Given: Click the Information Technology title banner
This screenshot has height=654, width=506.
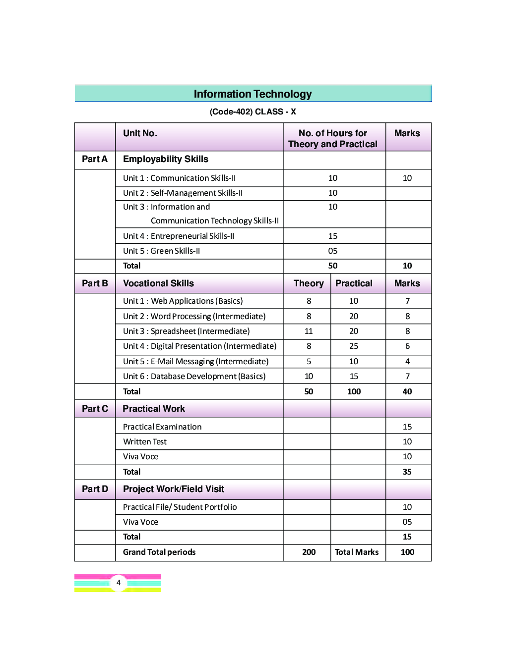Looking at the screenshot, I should (253, 94).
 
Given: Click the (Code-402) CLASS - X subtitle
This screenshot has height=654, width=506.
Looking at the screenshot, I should (253, 111).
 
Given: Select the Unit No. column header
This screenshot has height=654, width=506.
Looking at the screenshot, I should (140, 133).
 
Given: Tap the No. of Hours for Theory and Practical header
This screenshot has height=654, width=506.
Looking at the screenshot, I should (333, 139).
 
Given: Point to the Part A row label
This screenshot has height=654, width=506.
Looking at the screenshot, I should (94, 159).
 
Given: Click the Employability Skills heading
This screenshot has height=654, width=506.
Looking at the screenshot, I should (165, 159).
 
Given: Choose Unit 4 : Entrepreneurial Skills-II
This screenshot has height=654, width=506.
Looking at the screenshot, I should (179, 236).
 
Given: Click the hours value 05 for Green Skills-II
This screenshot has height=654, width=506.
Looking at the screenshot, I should (333, 251).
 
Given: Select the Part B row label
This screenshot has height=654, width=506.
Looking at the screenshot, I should (94, 283).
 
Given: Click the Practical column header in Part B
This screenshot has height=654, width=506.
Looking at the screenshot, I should (354, 283).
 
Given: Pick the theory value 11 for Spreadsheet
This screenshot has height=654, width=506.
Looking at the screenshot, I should (309, 331).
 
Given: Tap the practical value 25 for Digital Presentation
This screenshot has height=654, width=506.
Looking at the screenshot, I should (354, 346).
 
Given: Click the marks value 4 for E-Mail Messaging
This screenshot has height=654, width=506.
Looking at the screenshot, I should (407, 361).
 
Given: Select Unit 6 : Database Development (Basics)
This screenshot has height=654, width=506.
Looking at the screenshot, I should (194, 376).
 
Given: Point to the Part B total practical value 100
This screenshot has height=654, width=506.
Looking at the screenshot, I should (354, 391).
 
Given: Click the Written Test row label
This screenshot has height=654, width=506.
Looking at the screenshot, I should (145, 441).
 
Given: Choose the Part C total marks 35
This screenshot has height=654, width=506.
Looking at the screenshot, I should (407, 472).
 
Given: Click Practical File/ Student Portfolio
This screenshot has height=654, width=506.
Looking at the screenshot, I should (180, 507).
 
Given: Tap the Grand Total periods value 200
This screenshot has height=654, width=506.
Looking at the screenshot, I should (309, 552).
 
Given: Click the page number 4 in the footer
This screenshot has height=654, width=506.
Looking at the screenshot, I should (118, 583).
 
